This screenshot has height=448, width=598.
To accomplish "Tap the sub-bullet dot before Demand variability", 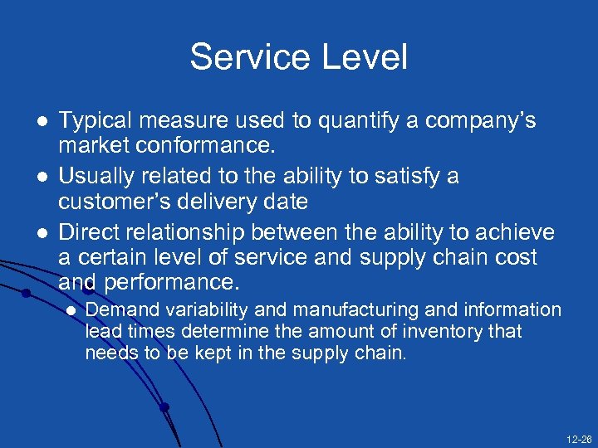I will [70, 310].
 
